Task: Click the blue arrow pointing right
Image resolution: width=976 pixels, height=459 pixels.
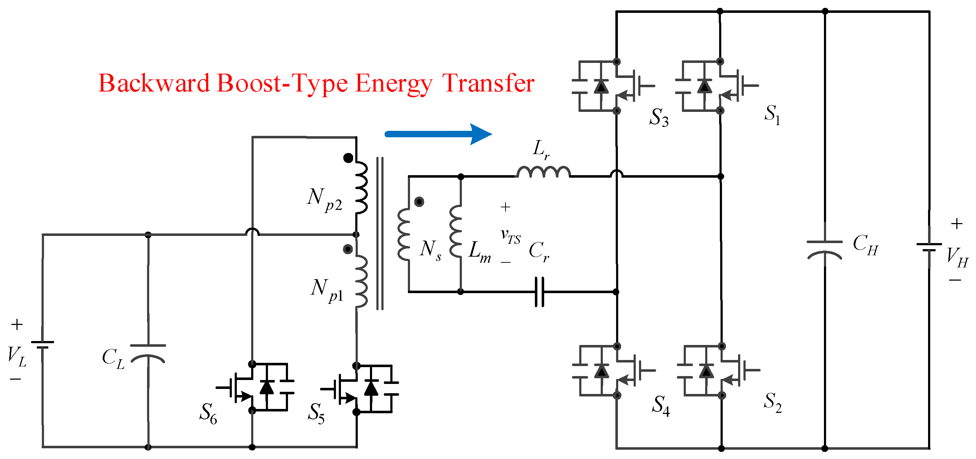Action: (x=438, y=134)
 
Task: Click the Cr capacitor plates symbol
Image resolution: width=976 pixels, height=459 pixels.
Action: (x=540, y=292)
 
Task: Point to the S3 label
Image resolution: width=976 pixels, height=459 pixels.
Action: (x=659, y=117)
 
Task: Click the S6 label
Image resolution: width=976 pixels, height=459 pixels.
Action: (x=208, y=413)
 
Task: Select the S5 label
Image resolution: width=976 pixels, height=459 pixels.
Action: (x=316, y=413)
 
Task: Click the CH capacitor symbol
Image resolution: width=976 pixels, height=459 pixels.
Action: (x=824, y=250)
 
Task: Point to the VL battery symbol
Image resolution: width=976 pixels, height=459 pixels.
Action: (x=43, y=345)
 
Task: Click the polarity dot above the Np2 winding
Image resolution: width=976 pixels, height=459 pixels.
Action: (x=348, y=158)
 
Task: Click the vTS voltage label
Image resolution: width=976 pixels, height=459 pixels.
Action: (x=510, y=236)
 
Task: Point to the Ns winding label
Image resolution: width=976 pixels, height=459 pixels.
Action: (x=430, y=250)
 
